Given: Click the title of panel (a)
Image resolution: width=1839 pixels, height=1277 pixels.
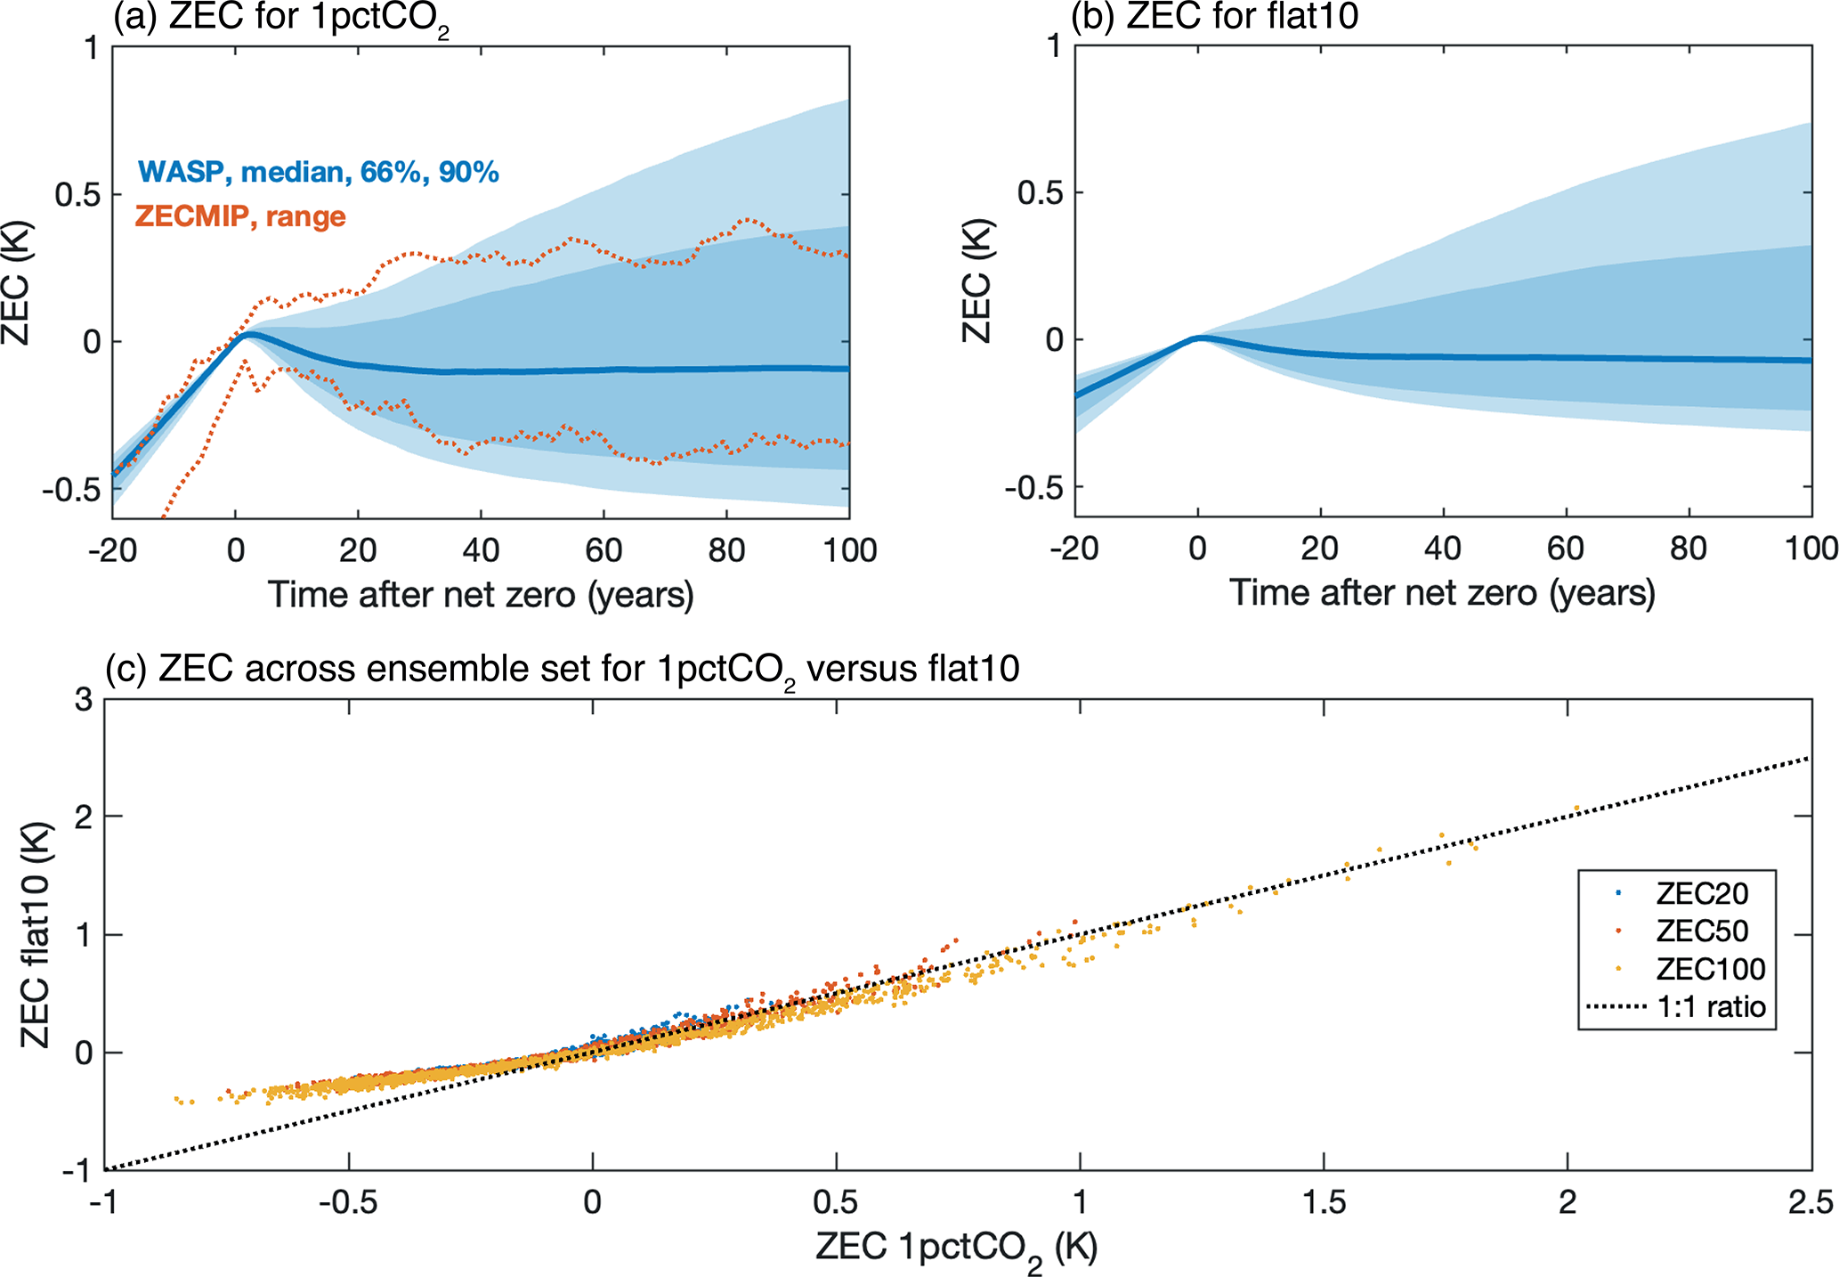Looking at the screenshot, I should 280,18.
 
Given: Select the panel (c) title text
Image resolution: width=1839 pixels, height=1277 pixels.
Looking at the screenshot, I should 562,669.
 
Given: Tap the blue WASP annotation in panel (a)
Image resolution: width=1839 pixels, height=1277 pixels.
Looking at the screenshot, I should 318,171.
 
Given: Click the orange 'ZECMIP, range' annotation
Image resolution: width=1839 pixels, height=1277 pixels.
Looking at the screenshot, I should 240,216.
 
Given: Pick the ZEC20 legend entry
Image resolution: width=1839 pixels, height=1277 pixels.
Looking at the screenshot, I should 1701,893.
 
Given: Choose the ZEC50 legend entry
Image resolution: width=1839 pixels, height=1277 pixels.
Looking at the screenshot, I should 1701,931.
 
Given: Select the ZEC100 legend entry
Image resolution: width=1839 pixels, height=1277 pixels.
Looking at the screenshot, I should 1709,969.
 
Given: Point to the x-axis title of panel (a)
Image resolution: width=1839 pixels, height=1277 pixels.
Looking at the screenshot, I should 481,595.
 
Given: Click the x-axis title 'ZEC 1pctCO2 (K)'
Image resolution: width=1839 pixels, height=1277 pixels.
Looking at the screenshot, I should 956,1249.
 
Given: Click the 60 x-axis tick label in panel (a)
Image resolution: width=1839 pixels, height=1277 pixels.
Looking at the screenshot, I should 604,550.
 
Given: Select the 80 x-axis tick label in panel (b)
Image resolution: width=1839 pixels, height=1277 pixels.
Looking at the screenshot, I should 1688,549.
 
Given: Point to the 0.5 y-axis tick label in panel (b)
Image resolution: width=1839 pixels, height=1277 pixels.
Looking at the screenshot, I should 1041,192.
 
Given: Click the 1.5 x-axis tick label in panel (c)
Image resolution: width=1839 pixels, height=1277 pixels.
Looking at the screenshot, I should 1324,1202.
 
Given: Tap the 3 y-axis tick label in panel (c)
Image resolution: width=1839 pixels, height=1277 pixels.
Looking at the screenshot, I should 84,700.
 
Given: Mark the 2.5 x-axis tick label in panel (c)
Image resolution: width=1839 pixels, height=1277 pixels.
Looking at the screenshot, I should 1811,1202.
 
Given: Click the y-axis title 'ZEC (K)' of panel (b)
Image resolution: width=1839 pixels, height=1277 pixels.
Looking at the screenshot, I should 977,281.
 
